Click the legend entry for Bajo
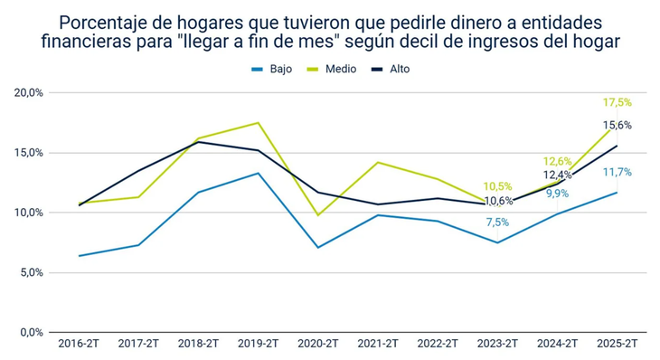pyautogui.click(x=271, y=69)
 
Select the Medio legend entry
pyautogui.click(x=333, y=69)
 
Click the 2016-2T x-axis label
pyautogui.click(x=80, y=345)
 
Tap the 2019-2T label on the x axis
pyautogui.click(x=259, y=345)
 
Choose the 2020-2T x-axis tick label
pyautogui.click(x=318, y=345)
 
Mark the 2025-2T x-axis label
pyautogui.click(x=617, y=345)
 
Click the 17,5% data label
pyautogui.click(x=617, y=103)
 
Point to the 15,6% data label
pyautogui.click(x=618, y=126)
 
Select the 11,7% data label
pyautogui.click(x=618, y=172)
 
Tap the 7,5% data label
pyautogui.click(x=497, y=223)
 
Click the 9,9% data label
pyautogui.click(x=557, y=194)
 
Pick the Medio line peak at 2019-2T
pyautogui.click(x=259, y=123)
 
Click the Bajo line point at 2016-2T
pyautogui.click(x=80, y=256)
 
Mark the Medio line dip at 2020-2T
pyautogui.click(x=318, y=215)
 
